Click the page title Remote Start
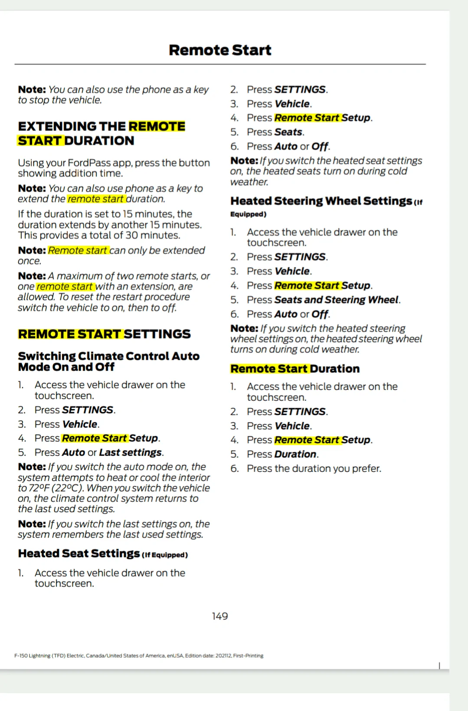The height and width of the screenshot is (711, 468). click(220, 50)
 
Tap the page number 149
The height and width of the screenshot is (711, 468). click(220, 616)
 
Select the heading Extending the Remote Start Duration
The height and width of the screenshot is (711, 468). click(101, 133)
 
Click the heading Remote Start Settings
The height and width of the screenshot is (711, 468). click(104, 334)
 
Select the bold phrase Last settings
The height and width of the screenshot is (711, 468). click(131, 452)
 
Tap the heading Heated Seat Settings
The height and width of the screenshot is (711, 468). click(79, 554)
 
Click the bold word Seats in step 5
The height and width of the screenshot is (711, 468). click(288, 132)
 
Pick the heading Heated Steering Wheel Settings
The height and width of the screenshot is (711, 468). click(321, 201)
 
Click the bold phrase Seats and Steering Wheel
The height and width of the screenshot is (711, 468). click(336, 300)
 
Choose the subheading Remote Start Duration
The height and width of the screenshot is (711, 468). click(295, 369)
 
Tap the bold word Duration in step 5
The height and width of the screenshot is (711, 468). click(295, 454)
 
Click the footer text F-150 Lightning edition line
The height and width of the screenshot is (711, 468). click(139, 655)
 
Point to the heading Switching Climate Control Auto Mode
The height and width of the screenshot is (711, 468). click(108, 361)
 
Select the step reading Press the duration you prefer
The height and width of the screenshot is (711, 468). click(314, 469)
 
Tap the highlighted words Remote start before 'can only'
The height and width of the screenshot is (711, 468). click(78, 250)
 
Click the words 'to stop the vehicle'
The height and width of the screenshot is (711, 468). click(60, 100)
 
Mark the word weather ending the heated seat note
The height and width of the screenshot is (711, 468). click(249, 182)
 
